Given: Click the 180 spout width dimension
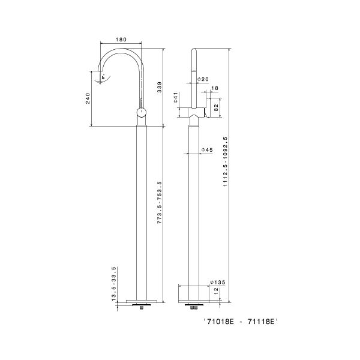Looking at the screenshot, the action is click(121, 40).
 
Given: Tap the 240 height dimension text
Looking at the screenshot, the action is click(88, 98).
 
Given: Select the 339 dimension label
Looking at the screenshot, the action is click(160, 87).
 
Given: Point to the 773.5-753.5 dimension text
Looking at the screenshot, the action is click(160, 203).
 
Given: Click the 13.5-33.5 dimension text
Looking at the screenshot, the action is click(114, 284).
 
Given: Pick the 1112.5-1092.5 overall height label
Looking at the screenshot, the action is click(225, 161).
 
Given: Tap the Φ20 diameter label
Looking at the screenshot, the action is click(203, 79).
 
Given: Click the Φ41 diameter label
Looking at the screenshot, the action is click(176, 98).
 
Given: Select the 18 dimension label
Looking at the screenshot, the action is click(215, 88).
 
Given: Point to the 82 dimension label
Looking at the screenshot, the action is click(216, 107).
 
